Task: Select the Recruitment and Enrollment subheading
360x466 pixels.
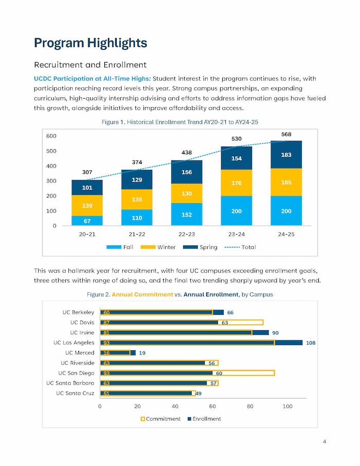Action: pyautogui.click(x=90, y=65)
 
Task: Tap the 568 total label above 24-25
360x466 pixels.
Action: pyautogui.click(x=286, y=134)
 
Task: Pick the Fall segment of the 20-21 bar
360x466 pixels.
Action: pyautogui.click(x=87, y=221)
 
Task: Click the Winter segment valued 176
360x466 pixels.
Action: pyautogui.click(x=237, y=183)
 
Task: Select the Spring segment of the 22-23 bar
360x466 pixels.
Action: pyautogui.click(x=187, y=172)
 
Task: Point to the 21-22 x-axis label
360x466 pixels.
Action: pyautogui.click(x=137, y=234)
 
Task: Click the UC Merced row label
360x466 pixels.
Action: pyautogui.click(x=80, y=353)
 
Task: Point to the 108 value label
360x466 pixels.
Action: pyautogui.click(x=311, y=343)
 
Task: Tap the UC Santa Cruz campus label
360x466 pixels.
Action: pyautogui.click(x=75, y=393)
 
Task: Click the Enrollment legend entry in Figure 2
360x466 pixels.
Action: pyautogui.click(x=204, y=419)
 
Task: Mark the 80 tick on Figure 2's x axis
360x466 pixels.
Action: pyautogui.click(x=250, y=406)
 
